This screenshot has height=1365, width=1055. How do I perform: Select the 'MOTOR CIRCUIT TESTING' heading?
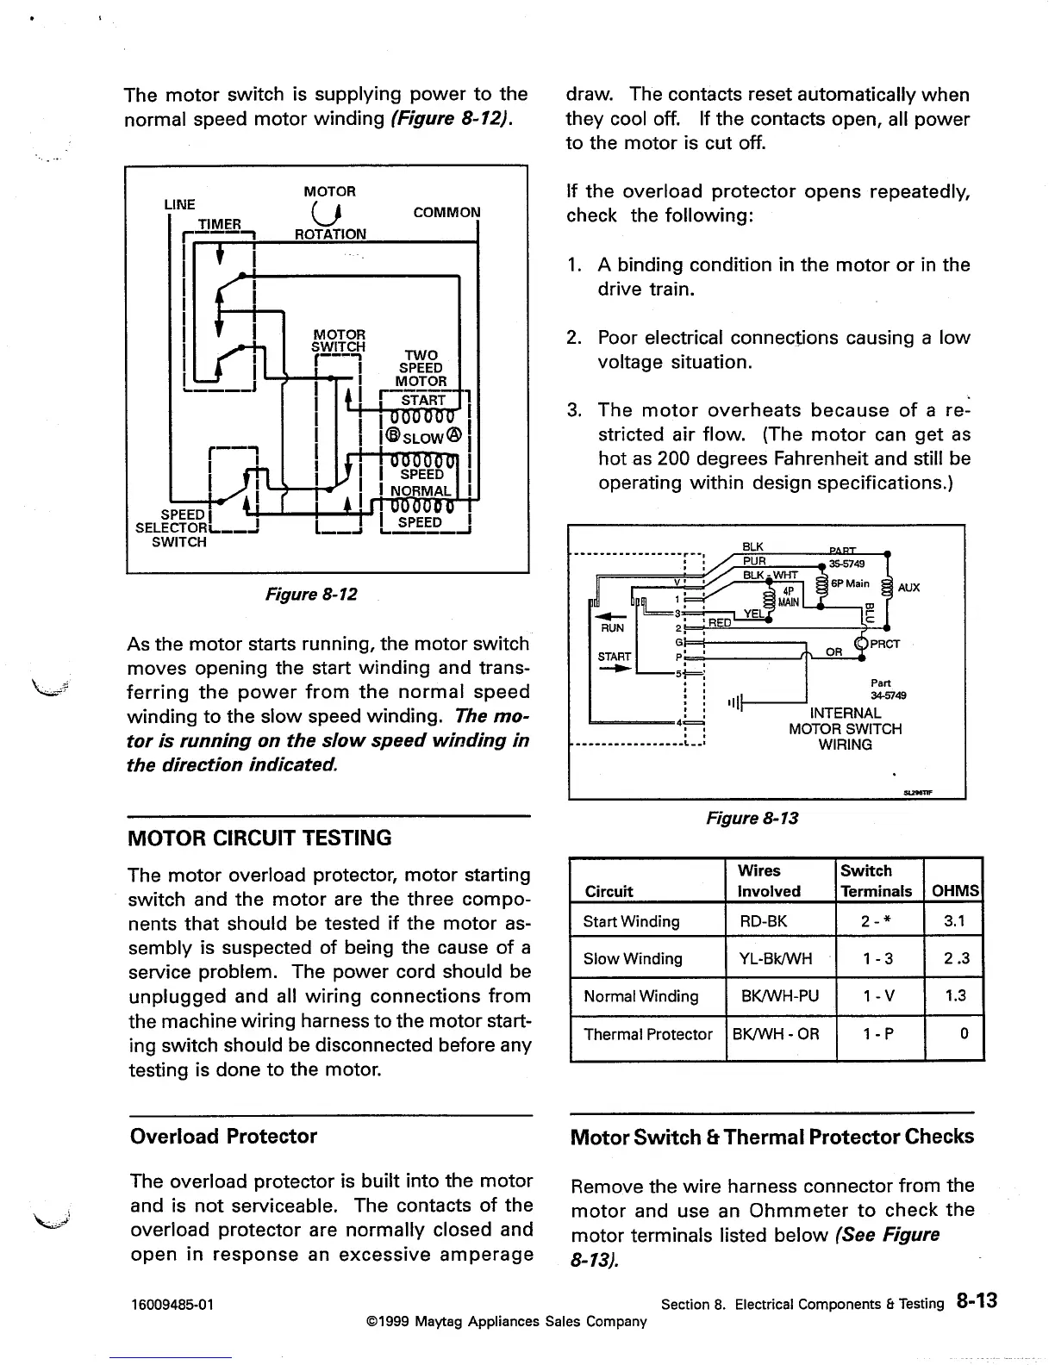pyautogui.click(x=259, y=838)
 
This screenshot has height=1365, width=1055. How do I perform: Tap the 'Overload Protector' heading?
pyautogui.click(x=223, y=1136)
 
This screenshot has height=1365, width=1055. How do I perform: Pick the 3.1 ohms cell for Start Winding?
pyautogui.click(x=954, y=921)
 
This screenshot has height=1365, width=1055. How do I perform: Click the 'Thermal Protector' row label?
pyautogui.click(x=647, y=1034)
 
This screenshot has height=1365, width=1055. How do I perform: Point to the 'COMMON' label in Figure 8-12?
pyautogui.click(x=446, y=213)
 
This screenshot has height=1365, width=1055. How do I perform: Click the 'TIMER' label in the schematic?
pyautogui.click(x=219, y=225)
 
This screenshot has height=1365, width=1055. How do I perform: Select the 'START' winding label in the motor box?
pyautogui.click(x=423, y=401)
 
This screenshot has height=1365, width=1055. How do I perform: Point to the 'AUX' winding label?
pyautogui.click(x=908, y=588)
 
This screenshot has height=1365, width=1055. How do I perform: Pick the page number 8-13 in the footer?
pyautogui.click(x=976, y=1301)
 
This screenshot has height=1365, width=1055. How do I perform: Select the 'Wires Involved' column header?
pyautogui.click(x=769, y=881)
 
